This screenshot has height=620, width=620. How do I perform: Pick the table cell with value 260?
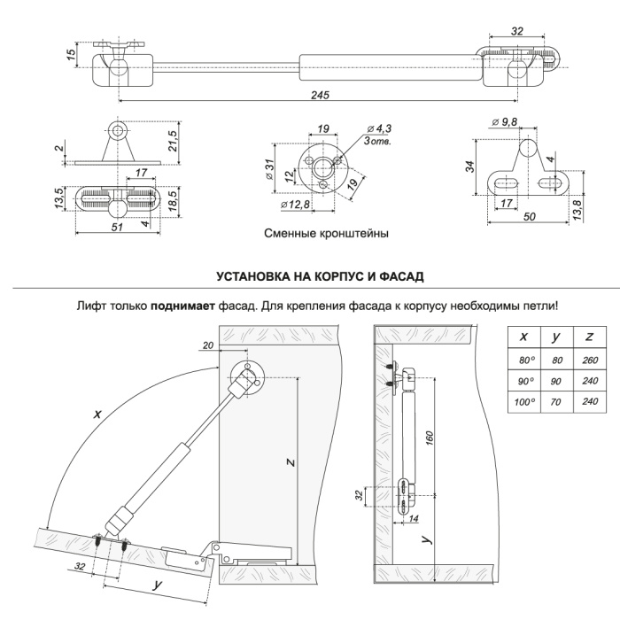[589, 360]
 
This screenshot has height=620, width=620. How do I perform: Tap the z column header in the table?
[589, 337]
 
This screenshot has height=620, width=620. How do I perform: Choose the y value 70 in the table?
[556, 401]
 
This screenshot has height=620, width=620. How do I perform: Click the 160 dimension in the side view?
[429, 438]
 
